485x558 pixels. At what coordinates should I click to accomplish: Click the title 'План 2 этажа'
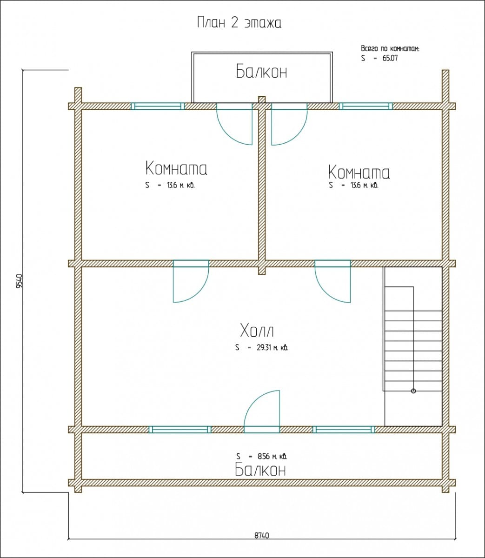click(239, 23)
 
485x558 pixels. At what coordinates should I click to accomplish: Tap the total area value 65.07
click(390, 58)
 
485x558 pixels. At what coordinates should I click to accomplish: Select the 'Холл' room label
click(257, 331)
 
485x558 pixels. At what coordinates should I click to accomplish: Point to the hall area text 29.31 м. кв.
click(272, 348)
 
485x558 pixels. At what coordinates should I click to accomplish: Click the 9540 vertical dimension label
click(19, 281)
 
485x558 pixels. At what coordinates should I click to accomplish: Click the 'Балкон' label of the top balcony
click(261, 71)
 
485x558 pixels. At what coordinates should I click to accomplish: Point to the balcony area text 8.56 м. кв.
click(272, 456)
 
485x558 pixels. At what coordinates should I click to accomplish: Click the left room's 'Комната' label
click(176, 168)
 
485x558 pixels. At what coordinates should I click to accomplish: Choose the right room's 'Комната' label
click(359, 172)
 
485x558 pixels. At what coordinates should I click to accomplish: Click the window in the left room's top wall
click(158, 106)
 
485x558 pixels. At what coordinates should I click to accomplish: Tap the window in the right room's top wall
click(366, 106)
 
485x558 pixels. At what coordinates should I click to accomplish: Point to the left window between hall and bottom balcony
click(180, 430)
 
